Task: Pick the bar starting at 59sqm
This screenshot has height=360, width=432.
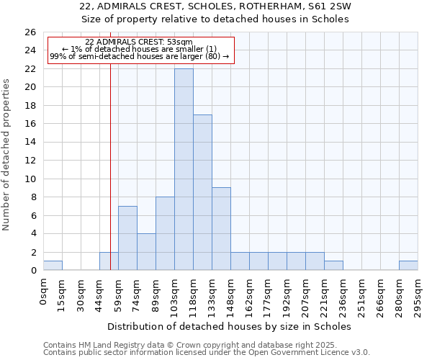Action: point(127,238)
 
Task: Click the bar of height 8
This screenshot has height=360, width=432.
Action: point(165,233)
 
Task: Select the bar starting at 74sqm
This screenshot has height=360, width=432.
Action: point(146,252)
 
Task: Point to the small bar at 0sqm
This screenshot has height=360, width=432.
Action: point(53,266)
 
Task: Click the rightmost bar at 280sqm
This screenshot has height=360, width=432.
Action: point(408,266)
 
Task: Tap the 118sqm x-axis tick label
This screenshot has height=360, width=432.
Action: point(193,293)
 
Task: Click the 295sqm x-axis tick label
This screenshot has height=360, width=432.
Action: point(418,293)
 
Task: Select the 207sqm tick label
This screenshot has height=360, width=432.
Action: point(305,293)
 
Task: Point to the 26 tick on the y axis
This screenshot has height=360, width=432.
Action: point(30,32)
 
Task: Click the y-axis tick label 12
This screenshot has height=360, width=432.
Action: point(30,161)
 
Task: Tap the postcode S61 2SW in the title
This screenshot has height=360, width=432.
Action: point(333,6)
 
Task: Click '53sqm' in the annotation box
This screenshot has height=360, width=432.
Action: point(177,42)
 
